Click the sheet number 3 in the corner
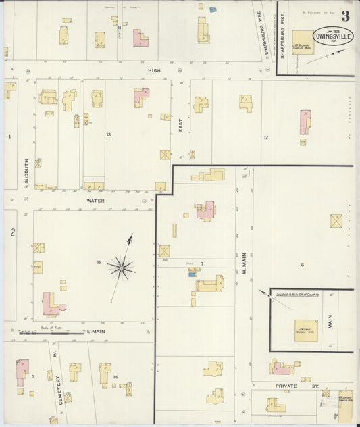tap(345, 16)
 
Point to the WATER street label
tap(95, 201)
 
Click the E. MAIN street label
tap(94, 331)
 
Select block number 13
tap(108, 134)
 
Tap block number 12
tap(265, 137)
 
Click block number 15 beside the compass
tap(99, 262)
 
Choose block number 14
tap(115, 377)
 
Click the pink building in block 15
tap(50, 304)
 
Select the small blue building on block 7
tap(192, 274)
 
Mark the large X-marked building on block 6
tap(336, 221)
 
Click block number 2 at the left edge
tap(12, 232)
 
